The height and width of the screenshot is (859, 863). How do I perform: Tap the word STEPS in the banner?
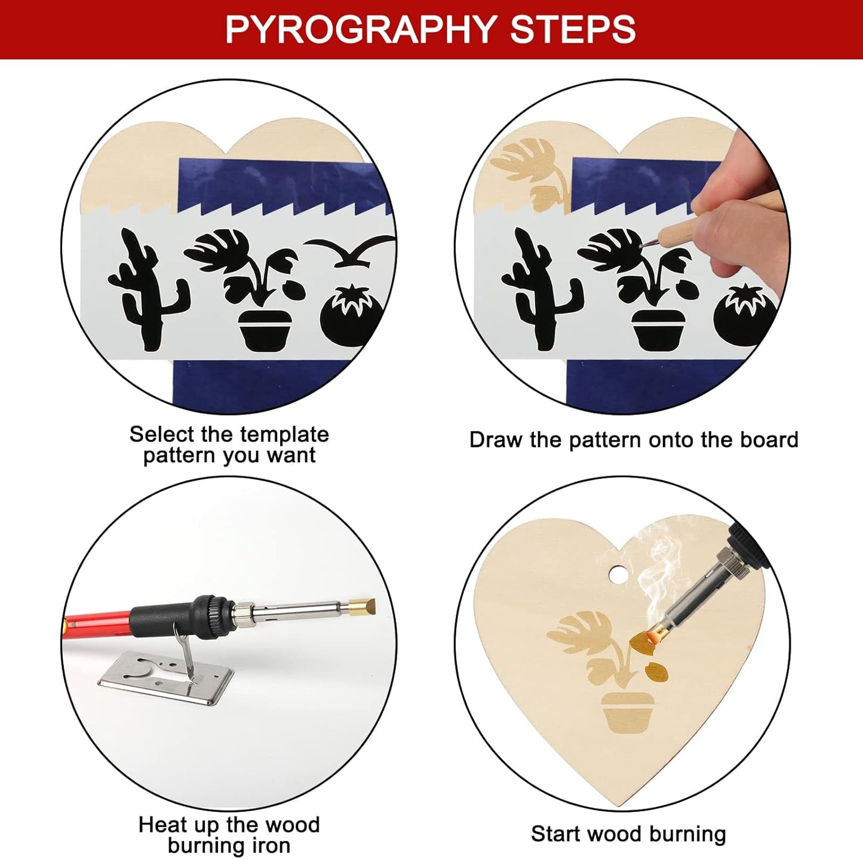pos(573,29)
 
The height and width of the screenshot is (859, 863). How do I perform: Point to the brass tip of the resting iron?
pos(362,608)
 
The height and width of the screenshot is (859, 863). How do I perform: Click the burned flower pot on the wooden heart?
pos(625,712)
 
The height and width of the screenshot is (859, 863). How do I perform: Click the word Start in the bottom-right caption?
pos(556,834)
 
